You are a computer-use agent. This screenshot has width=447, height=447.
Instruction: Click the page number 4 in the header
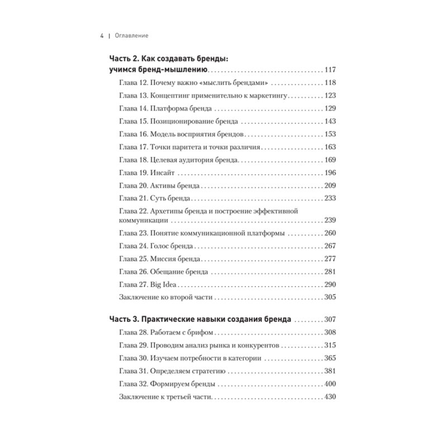(x=101, y=35)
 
